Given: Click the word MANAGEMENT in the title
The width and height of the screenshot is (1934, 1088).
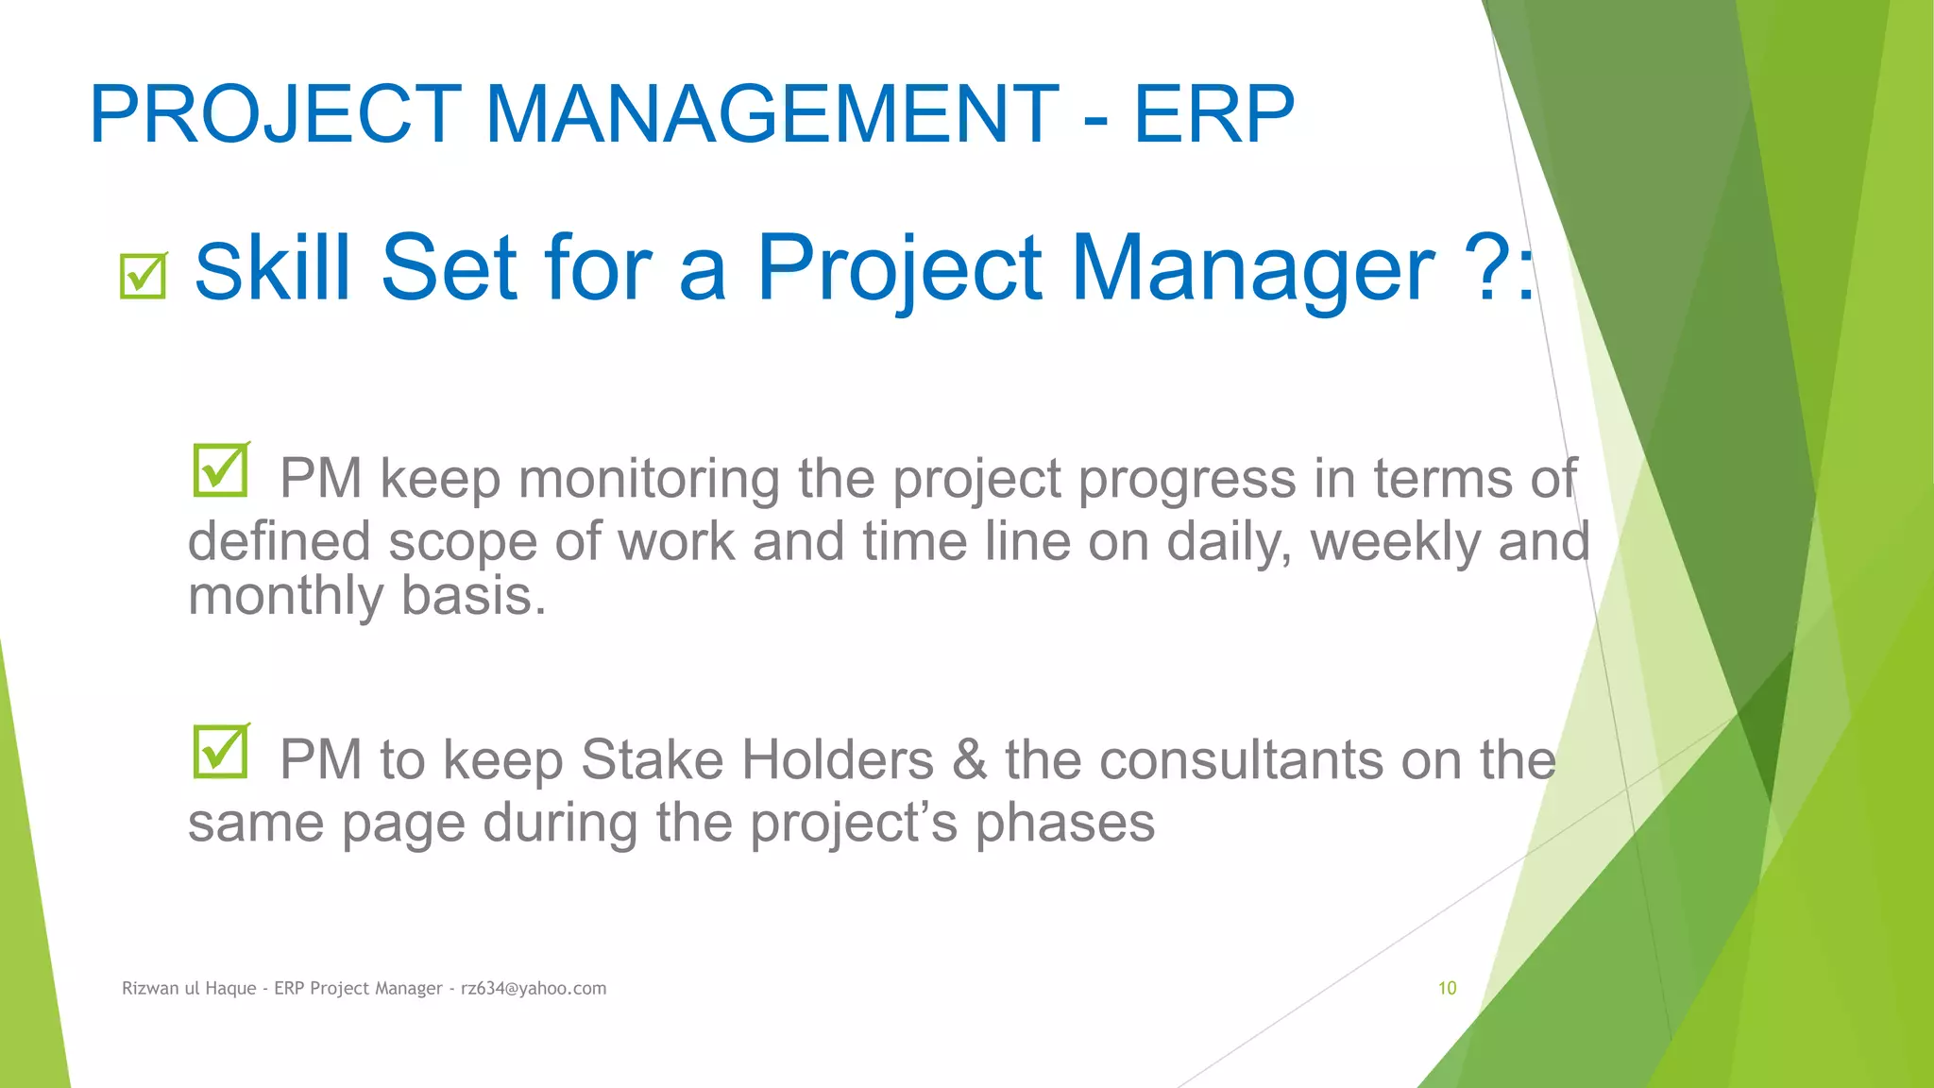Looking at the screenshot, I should (772, 114).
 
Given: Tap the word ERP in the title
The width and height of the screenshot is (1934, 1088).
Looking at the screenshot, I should (1213, 114).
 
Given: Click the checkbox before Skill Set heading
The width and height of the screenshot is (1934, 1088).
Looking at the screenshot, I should (144, 276).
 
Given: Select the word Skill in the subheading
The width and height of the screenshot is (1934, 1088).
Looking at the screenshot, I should (272, 268).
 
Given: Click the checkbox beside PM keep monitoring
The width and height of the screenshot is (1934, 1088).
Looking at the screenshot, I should (221, 470).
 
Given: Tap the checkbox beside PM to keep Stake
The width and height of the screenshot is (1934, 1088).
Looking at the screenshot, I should (221, 752).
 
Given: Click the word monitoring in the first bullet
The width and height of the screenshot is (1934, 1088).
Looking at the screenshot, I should (649, 479).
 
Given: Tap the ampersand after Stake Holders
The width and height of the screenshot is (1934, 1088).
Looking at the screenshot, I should (969, 760).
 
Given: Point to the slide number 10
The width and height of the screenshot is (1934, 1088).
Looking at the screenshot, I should (1447, 989).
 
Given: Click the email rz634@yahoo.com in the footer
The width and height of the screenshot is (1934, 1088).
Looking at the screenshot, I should (534, 989).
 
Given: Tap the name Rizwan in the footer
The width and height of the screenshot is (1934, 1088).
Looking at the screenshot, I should (149, 989).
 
